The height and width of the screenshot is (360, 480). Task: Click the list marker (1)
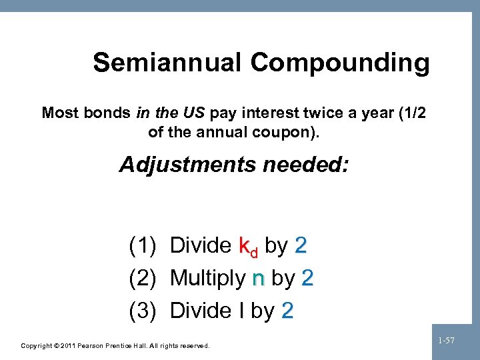(x=143, y=246)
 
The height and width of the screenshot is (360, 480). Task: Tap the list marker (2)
(x=143, y=278)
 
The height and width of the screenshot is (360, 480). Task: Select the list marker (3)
(x=143, y=310)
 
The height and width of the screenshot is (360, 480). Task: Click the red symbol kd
(x=248, y=247)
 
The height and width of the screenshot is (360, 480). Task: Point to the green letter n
(x=259, y=279)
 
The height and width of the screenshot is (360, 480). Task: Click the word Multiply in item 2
(x=208, y=279)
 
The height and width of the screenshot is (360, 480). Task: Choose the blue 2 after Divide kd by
(x=300, y=246)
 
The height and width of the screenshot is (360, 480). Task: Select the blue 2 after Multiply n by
(x=307, y=278)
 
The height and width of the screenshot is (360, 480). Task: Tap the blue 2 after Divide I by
(x=287, y=310)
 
